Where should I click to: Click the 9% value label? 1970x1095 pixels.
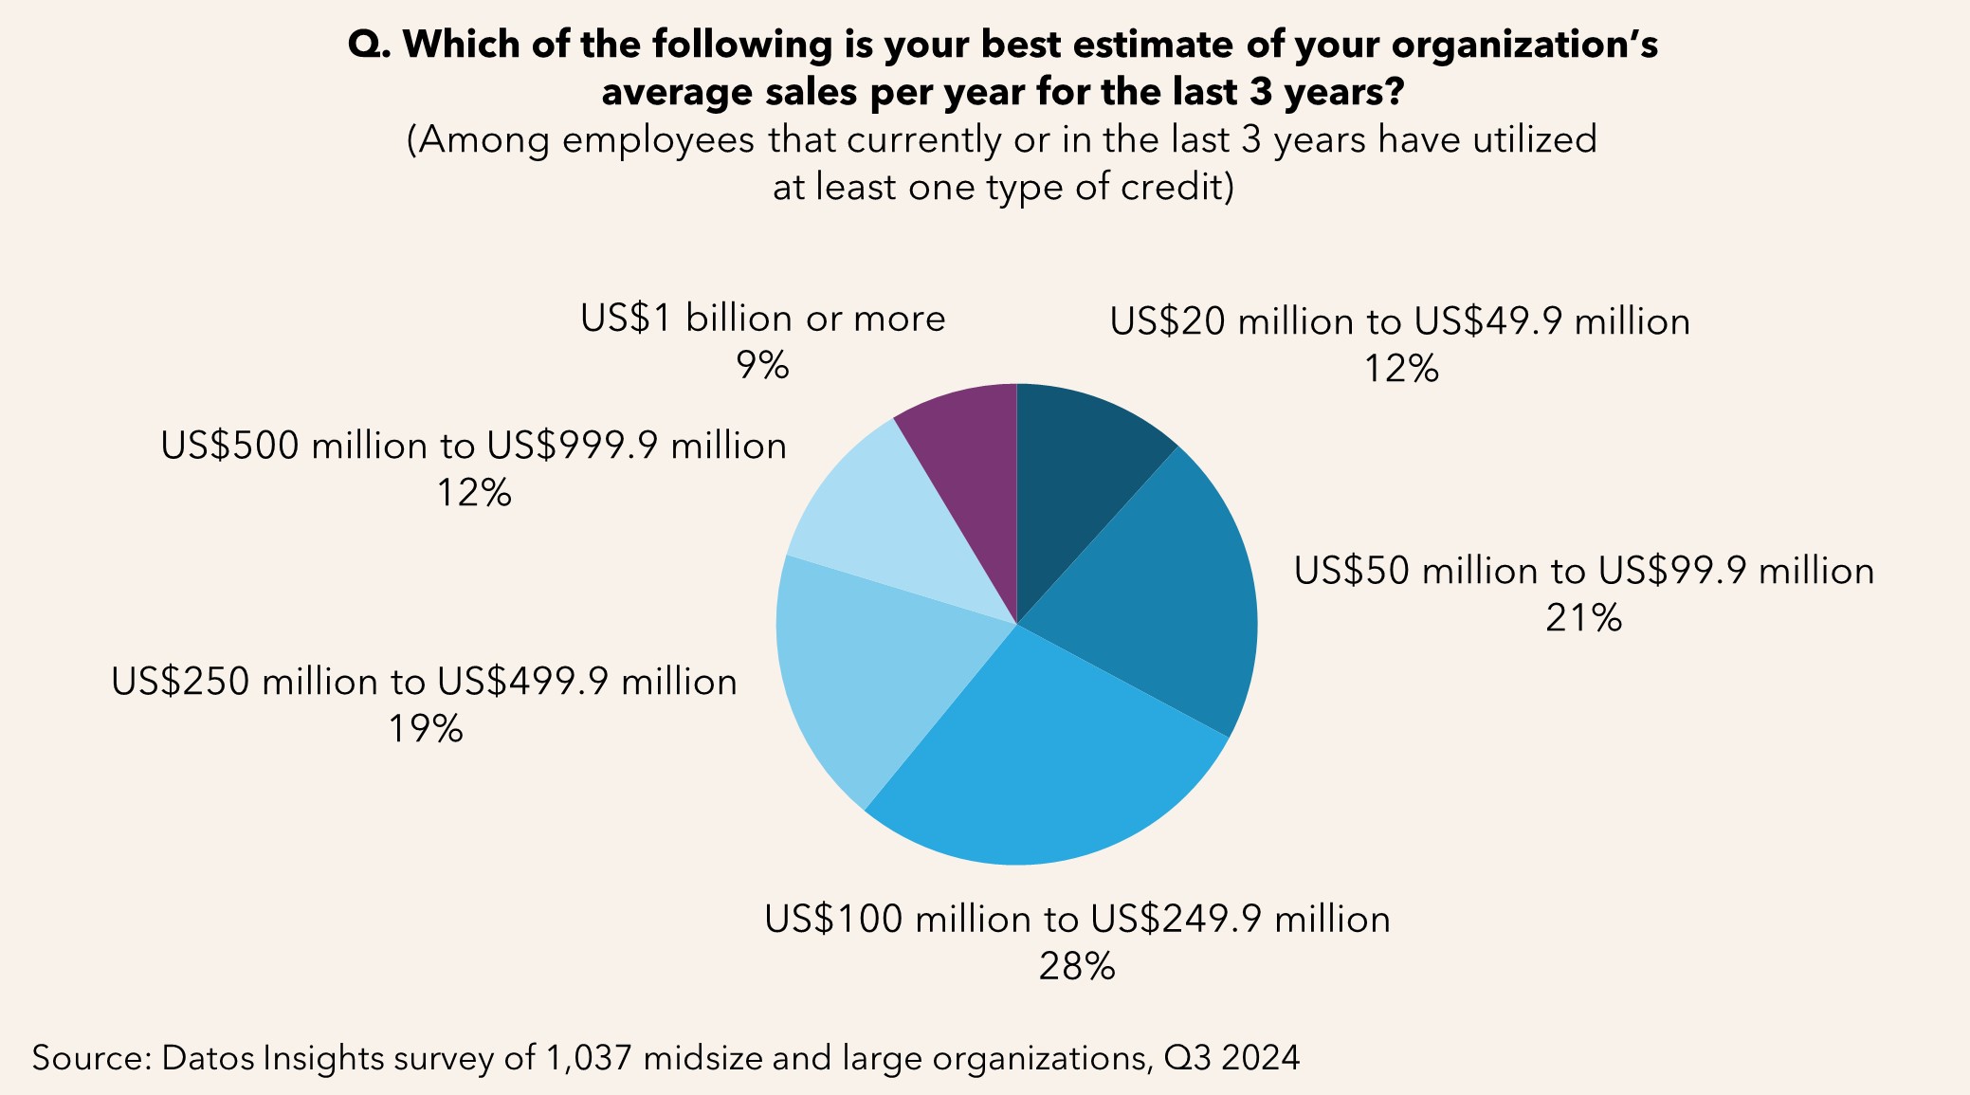tap(762, 365)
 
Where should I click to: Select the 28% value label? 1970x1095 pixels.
tap(1077, 966)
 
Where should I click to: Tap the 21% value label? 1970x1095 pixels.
tap(1583, 618)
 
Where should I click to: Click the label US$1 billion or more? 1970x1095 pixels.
tap(762, 319)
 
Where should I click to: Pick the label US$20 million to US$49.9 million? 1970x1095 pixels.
tap(1399, 322)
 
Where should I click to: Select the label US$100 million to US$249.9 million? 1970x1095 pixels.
tap(1077, 920)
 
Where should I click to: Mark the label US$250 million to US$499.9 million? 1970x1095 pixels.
tap(424, 683)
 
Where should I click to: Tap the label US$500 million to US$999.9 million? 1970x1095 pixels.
tap(473, 446)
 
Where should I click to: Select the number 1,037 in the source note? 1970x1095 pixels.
tap(588, 1057)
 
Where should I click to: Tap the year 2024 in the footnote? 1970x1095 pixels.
tap(1260, 1057)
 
